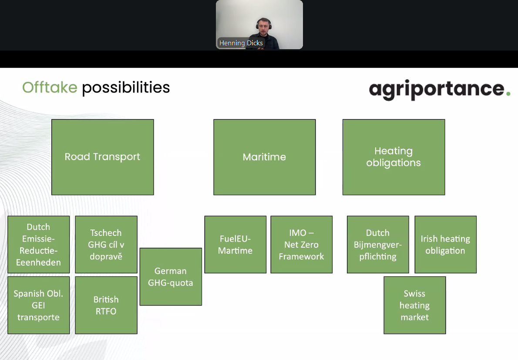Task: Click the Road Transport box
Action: tap(102, 157)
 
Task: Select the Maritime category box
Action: tap(264, 157)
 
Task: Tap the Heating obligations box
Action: tap(394, 157)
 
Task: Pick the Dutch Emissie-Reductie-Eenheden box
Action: tap(39, 244)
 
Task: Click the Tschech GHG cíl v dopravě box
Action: tap(106, 244)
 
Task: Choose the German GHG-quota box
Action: tap(171, 277)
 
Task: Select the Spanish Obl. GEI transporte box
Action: tap(39, 305)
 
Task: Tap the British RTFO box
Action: tap(106, 305)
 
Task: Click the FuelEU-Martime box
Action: tap(235, 244)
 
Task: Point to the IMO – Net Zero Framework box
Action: tap(301, 244)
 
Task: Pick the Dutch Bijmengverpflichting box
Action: tap(378, 244)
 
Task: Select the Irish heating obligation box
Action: tap(445, 244)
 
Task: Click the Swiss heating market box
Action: tap(414, 305)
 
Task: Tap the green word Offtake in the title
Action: tap(50, 87)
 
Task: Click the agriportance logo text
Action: tap(437, 89)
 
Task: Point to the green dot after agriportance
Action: tap(508, 94)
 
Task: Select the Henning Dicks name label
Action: tap(241, 43)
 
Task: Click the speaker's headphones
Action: tap(264, 24)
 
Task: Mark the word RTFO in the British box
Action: tap(106, 311)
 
